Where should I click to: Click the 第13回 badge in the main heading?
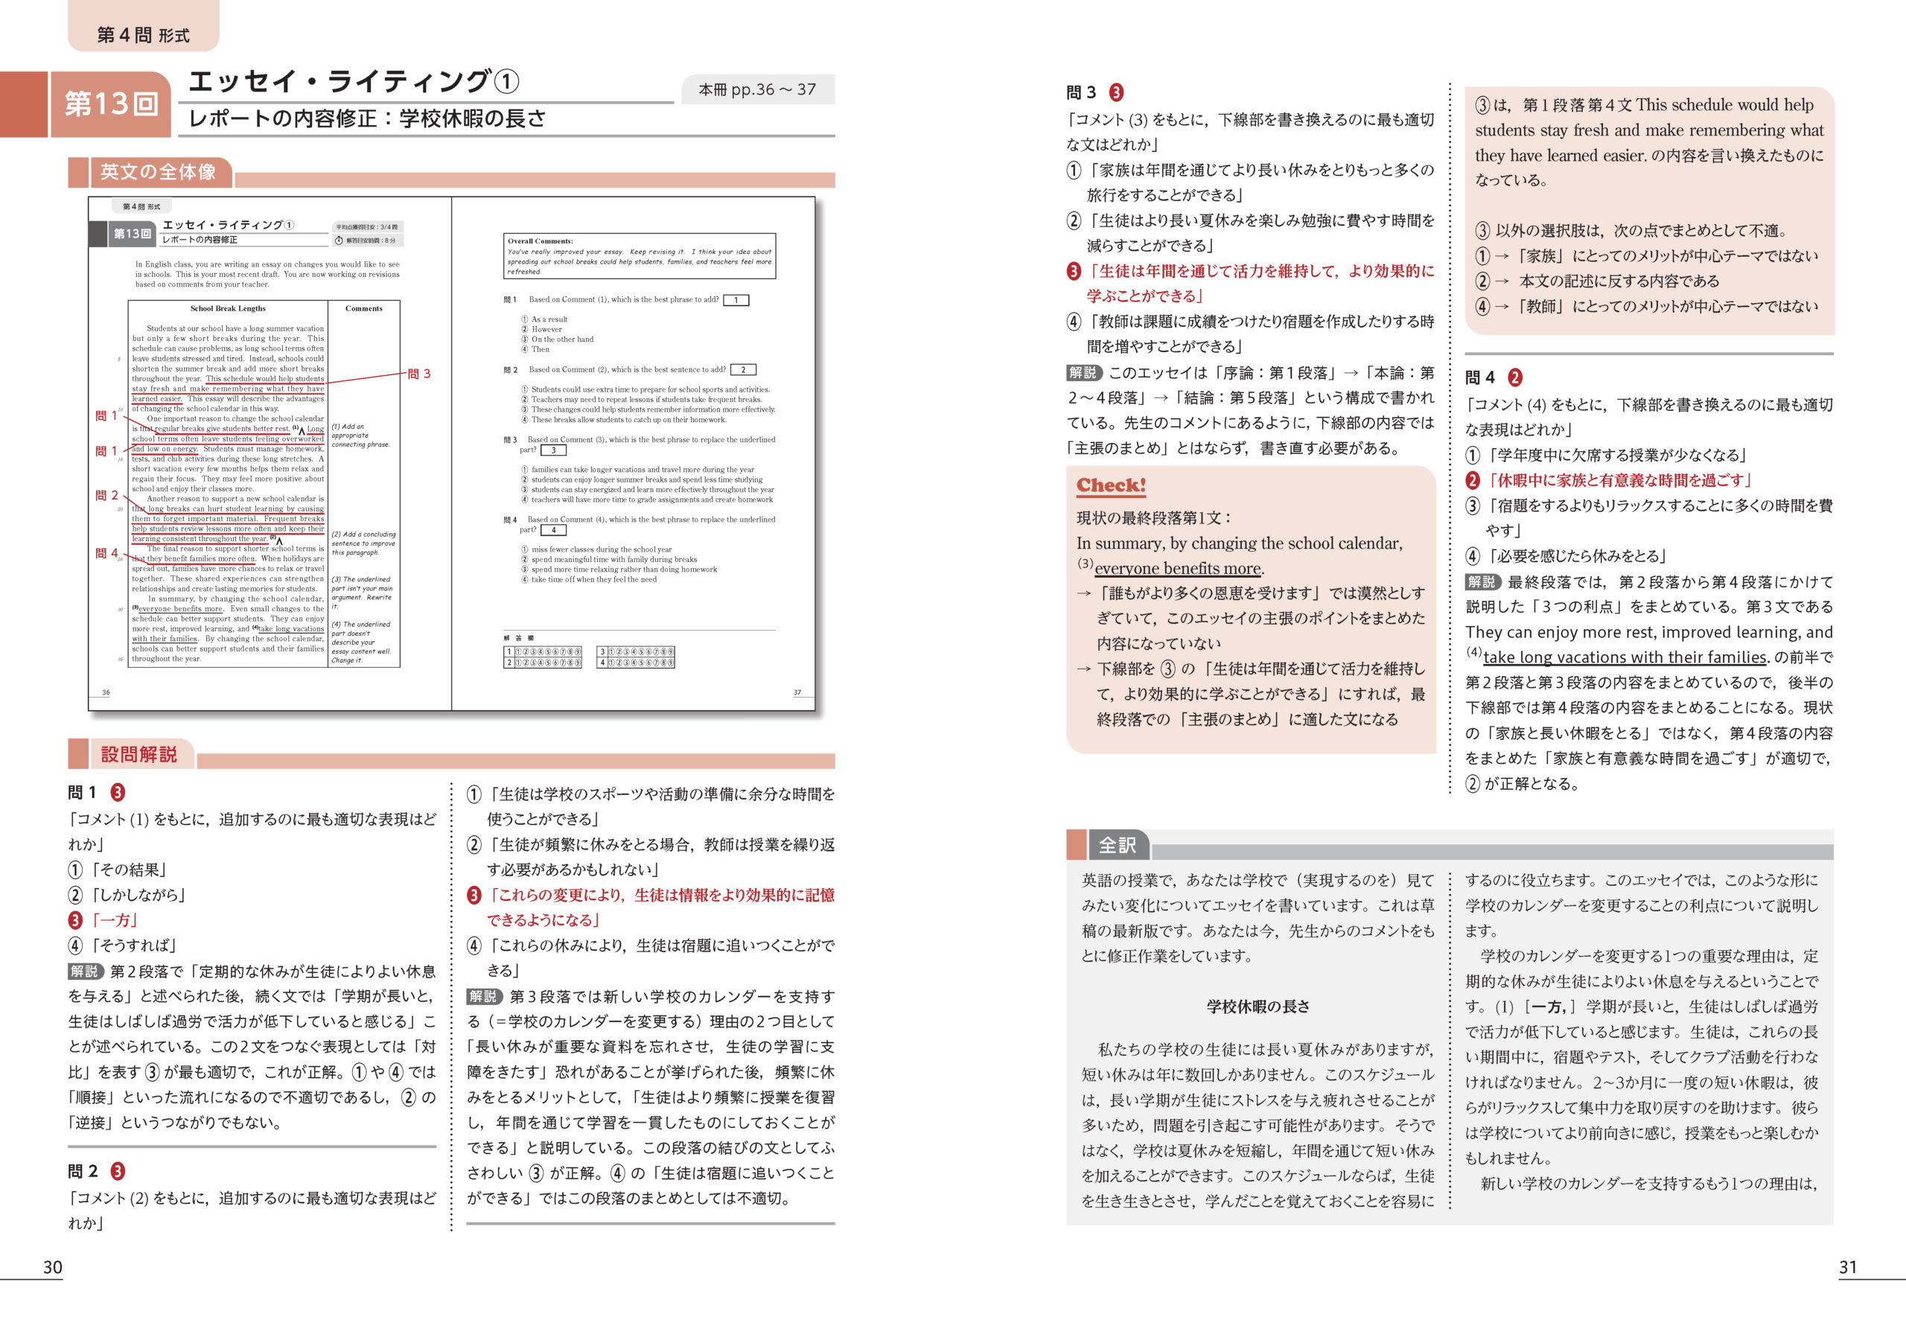click(111, 104)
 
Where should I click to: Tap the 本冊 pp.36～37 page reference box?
click(756, 89)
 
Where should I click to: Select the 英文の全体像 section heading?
click(158, 172)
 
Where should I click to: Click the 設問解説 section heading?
click(139, 754)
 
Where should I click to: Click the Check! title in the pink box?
click(1111, 485)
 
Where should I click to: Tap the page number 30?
click(52, 1267)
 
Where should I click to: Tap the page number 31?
click(1847, 1267)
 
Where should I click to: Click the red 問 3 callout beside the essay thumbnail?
click(419, 374)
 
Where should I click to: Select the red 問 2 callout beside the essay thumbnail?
click(106, 495)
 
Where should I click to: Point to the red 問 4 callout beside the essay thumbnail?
click(106, 553)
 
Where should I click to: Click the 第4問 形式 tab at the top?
click(143, 35)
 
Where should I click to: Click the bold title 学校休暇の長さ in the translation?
click(1257, 1007)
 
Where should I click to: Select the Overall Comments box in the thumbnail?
click(640, 255)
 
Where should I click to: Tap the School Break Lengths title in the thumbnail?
click(229, 308)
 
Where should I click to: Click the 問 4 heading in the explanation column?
click(1480, 378)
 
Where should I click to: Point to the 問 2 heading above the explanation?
click(83, 1171)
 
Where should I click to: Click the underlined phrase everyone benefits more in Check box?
click(1178, 568)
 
